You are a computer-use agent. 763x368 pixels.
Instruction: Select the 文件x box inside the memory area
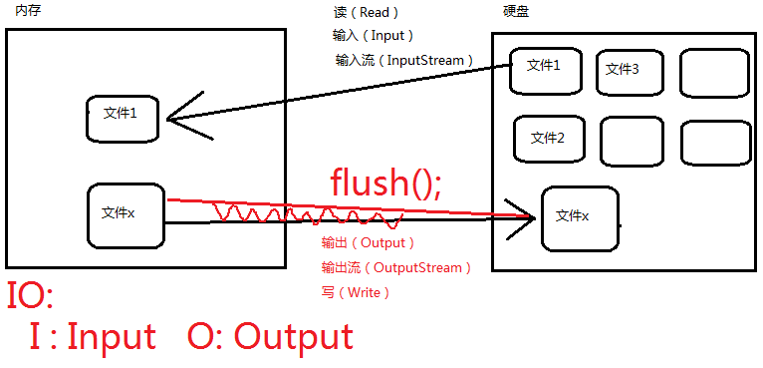point(126,214)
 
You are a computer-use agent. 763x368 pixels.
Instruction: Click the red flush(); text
point(385,183)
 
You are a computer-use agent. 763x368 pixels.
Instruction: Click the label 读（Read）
point(366,13)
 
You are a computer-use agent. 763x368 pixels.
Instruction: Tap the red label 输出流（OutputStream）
point(395,267)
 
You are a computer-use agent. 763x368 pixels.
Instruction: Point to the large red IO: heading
point(30,297)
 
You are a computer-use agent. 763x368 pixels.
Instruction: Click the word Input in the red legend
point(111,337)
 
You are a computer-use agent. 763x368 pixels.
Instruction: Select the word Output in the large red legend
point(294,337)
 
